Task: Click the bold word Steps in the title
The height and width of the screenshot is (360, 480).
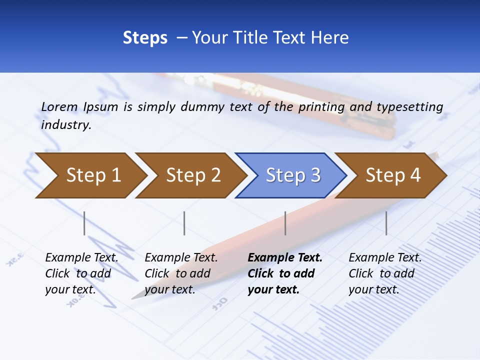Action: (x=145, y=38)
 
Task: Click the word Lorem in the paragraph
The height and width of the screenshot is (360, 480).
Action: (x=59, y=106)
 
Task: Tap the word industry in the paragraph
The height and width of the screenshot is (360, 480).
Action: (x=65, y=125)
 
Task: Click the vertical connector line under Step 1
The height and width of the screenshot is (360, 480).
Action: (x=84, y=223)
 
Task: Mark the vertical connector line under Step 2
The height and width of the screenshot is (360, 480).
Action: (x=184, y=223)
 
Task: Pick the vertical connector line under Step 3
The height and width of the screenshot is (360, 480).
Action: (x=285, y=223)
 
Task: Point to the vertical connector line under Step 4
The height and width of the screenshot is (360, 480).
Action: (x=386, y=223)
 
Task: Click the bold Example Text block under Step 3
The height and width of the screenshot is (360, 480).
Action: (x=285, y=273)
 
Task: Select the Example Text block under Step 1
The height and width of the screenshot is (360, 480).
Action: (x=81, y=273)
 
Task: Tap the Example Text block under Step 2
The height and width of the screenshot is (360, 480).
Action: (x=181, y=273)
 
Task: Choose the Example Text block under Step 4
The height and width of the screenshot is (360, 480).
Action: (x=385, y=273)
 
